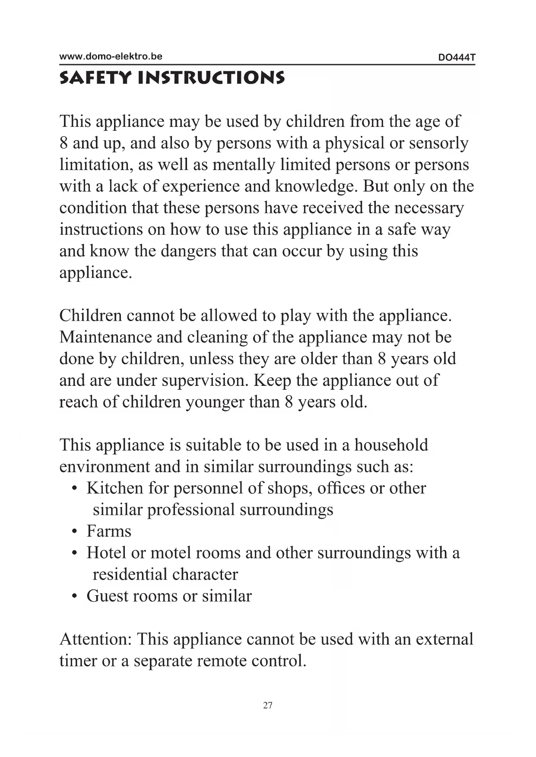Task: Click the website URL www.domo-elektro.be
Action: pyautogui.click(x=111, y=56)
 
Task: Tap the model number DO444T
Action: pyautogui.click(x=457, y=57)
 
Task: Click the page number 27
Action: pyautogui.click(x=268, y=705)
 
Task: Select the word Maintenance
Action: pyautogui.click(x=105, y=337)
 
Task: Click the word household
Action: pyautogui.click(x=391, y=445)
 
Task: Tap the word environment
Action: pyautogui.click(x=104, y=467)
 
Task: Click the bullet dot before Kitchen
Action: pyautogui.click(x=75, y=489)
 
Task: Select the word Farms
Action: pyautogui.click(x=109, y=531)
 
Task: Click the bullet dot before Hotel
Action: pyautogui.click(x=75, y=553)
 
